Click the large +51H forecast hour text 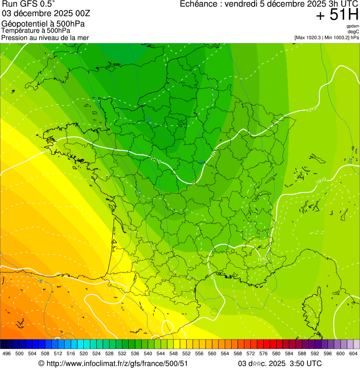pyautogui.click(x=337, y=15)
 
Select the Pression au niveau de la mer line pyautogui.click(x=45, y=37)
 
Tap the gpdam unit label pyautogui.click(x=353, y=26)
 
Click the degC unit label pyautogui.click(x=353, y=31)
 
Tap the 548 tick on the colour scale pyautogui.click(x=173, y=353)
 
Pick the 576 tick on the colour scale pyautogui.click(x=263, y=353)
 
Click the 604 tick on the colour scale pyautogui.click(x=353, y=353)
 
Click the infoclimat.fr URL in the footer pyautogui.click(x=117, y=363)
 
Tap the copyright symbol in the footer pyautogui.click(x=41, y=363)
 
